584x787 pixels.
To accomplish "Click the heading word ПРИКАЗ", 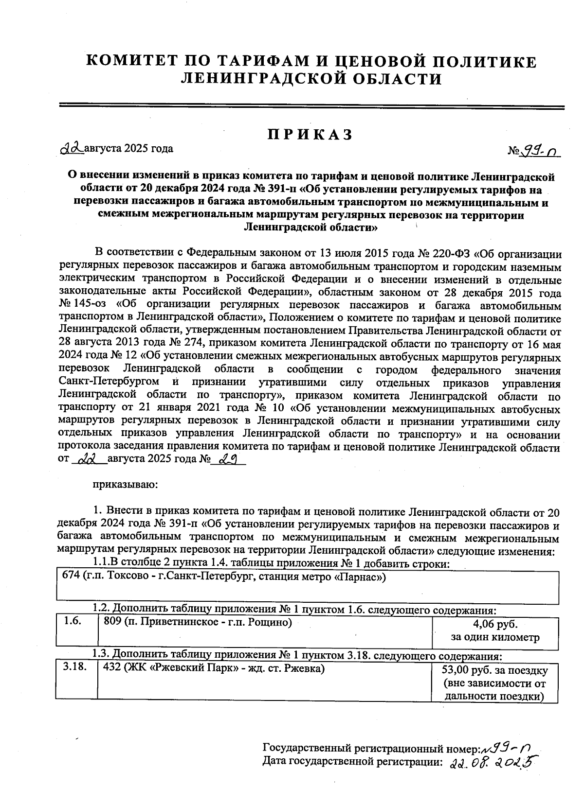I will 310,135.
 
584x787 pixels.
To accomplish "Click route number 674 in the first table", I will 71,577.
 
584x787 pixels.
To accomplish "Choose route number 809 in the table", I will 112,622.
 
